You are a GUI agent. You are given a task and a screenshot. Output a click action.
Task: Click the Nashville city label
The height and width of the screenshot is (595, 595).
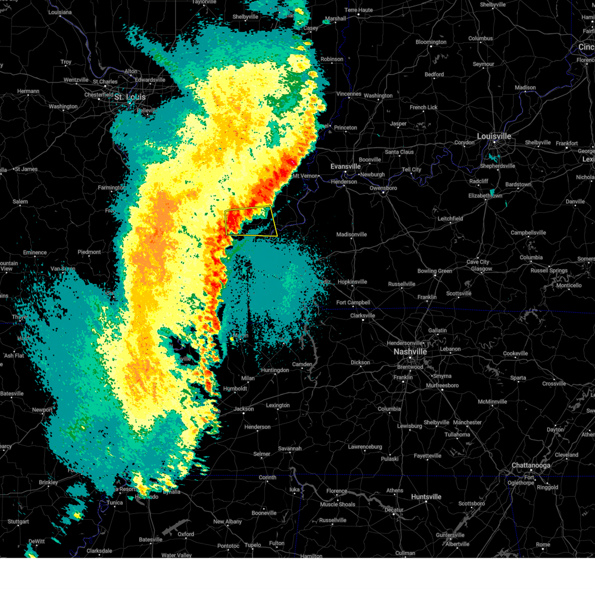[x=410, y=352]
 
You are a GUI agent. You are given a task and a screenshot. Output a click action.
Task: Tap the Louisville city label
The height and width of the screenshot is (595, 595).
[x=494, y=136]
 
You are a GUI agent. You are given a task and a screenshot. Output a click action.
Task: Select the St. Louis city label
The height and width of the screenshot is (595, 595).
[x=130, y=97]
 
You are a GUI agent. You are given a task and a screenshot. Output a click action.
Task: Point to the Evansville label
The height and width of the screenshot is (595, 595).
[x=346, y=167]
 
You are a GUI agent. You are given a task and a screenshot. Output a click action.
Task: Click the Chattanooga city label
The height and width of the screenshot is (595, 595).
[x=531, y=466]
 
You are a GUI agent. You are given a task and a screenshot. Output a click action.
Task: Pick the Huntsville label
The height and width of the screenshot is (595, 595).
[x=426, y=497]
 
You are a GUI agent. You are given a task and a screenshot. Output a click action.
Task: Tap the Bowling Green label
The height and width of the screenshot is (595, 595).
[x=435, y=271]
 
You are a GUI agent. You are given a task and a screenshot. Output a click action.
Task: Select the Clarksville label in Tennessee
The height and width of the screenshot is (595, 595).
[x=362, y=316]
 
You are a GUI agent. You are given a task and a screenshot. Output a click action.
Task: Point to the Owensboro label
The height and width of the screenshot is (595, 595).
[x=383, y=188]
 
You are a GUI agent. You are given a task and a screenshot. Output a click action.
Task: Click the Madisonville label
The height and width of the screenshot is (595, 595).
[x=352, y=235]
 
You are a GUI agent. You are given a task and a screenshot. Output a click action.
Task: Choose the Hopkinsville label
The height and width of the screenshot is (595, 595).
[x=353, y=282]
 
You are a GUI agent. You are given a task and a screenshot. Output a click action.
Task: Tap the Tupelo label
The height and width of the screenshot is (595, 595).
[x=252, y=545]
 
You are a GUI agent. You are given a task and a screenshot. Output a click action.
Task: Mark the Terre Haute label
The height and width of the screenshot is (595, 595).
[x=358, y=10]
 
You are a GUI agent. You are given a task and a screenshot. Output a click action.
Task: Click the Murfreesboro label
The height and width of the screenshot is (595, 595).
[x=442, y=385]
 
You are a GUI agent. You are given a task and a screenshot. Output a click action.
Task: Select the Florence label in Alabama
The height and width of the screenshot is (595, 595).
[x=337, y=491]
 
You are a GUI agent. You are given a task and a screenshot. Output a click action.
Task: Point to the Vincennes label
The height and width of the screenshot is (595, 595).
[x=349, y=94]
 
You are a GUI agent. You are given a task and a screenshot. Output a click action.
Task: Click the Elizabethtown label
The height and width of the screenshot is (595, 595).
[x=485, y=196]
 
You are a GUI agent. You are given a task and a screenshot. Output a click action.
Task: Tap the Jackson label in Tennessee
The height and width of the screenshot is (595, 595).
[x=244, y=409]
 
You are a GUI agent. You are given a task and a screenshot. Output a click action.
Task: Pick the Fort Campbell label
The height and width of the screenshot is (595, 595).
[x=353, y=302]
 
